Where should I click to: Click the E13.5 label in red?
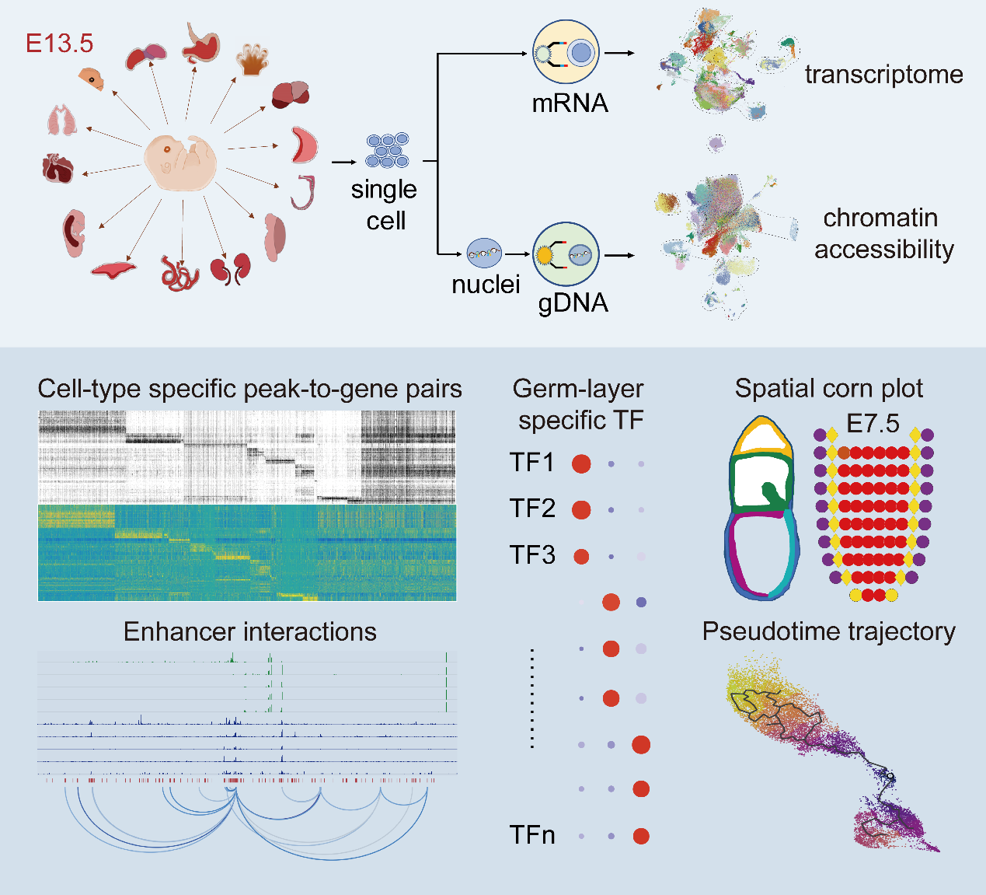[59, 44]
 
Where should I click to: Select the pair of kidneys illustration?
[230, 268]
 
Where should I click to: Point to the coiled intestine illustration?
[180, 273]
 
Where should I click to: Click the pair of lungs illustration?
[62, 121]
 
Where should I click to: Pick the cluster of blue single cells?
[387, 150]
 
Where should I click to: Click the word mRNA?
[570, 103]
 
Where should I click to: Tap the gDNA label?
[573, 302]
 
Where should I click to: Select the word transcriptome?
[883, 75]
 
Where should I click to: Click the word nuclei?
[486, 285]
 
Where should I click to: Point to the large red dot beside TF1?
[581, 464]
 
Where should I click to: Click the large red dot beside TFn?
[641, 836]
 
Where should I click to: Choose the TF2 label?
[532, 509]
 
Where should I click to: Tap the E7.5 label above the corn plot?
[873, 424]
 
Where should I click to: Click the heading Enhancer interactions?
[249, 631]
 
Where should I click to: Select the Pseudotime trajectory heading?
[828, 631]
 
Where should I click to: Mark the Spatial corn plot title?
[828, 388]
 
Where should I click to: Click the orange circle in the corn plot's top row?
[843, 453]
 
